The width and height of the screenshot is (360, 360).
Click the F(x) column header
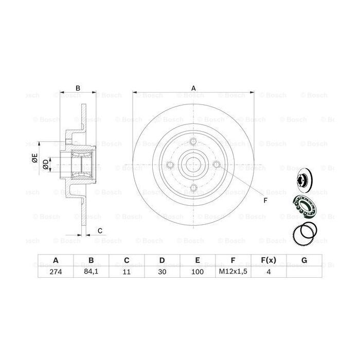click(267, 260)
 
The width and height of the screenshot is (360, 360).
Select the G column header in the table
click(304, 260)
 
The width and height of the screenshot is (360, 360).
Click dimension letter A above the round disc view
click(193, 88)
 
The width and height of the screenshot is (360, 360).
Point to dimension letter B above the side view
click(78, 88)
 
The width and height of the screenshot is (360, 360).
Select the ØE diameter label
click(34, 158)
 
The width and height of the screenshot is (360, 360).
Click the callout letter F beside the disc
click(265, 200)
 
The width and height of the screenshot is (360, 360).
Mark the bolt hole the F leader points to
click(217, 165)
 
